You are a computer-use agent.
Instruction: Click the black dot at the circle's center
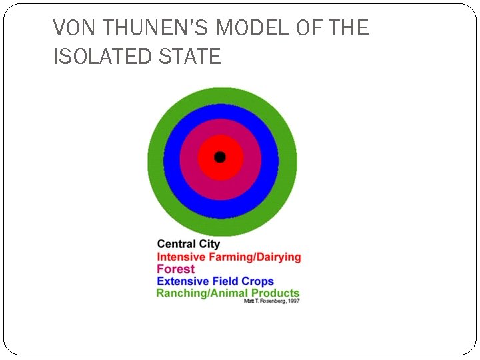[x=220, y=157]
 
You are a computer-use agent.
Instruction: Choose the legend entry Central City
[x=188, y=244]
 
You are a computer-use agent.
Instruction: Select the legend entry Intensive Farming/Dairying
[x=229, y=257]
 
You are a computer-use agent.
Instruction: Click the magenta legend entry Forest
[x=175, y=269]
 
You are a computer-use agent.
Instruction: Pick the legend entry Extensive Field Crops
[x=215, y=281]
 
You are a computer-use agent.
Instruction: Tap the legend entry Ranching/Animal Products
[x=228, y=293]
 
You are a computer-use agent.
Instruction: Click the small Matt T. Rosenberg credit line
[x=273, y=301]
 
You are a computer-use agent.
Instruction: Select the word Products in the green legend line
[x=275, y=293]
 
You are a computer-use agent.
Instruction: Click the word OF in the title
[x=313, y=28]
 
